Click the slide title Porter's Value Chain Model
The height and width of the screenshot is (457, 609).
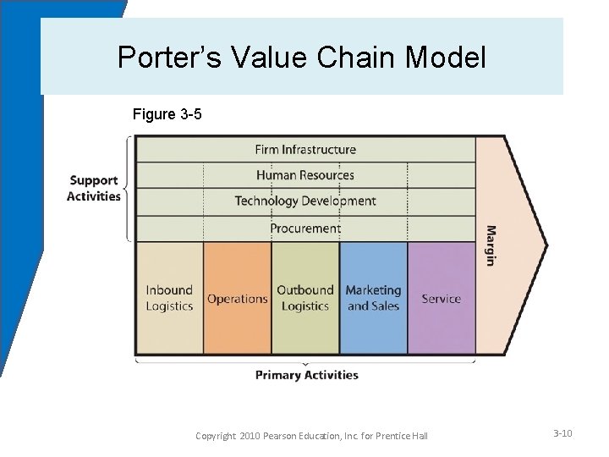pos(302,58)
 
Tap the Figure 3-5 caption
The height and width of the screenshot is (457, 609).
pos(167,113)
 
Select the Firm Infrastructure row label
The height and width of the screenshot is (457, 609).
pos(305,150)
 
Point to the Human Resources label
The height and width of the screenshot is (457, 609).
pos(305,175)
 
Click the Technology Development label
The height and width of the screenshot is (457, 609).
pos(305,201)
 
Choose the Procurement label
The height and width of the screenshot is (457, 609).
pos(305,228)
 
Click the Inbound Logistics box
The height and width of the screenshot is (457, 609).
pos(169,298)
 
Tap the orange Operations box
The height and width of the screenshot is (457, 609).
pos(238,298)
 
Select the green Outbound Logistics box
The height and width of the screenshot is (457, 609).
pos(305,298)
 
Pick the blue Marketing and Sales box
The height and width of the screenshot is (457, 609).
pos(373,298)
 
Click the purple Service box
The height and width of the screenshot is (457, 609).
pos(441,298)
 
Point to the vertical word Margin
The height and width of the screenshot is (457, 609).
pos(491,245)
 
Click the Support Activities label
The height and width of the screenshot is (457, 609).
pos(94,188)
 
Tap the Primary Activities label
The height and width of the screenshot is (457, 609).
pos(306,375)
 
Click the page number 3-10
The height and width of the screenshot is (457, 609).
pos(562,433)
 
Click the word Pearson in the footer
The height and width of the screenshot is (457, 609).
pos(289,436)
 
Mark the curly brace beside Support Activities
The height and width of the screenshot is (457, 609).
pos(129,188)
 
